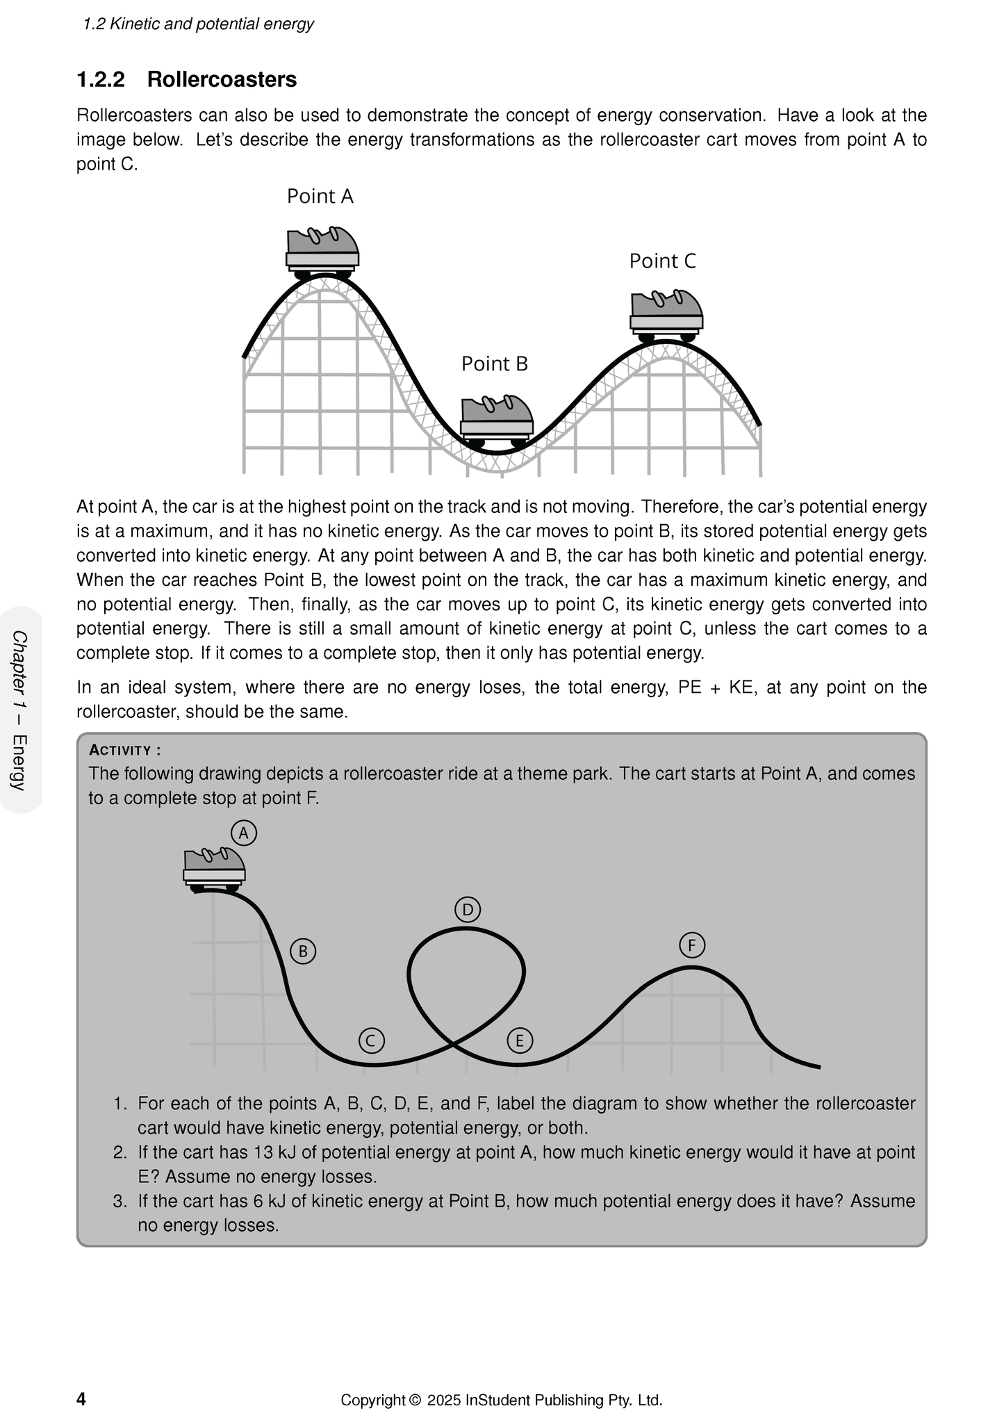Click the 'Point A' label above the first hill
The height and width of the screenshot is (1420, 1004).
(320, 197)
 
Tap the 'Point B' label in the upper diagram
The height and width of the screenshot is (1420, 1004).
(495, 364)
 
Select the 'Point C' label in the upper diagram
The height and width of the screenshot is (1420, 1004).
(662, 261)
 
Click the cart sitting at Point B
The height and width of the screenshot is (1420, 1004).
(497, 422)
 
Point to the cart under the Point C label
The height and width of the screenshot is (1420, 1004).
(666, 315)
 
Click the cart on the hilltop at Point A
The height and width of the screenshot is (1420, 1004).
(322, 250)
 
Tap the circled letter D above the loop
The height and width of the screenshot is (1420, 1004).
(468, 910)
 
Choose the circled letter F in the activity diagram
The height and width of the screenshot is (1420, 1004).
(692, 945)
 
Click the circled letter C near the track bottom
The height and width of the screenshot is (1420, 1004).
(372, 1040)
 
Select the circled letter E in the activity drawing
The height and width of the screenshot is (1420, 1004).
(520, 1040)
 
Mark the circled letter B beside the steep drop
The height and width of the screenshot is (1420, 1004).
(303, 951)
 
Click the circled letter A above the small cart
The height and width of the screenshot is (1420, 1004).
(244, 833)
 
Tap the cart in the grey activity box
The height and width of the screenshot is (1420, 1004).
(214, 869)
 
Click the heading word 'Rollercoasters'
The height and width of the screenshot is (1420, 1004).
(222, 80)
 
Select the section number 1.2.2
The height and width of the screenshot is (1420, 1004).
(101, 80)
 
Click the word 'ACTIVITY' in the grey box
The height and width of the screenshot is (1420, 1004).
(121, 751)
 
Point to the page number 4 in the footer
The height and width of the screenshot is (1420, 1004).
(81, 1399)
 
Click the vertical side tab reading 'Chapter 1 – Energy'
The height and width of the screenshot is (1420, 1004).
(20, 710)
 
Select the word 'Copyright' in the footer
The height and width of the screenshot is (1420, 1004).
(372, 1400)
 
